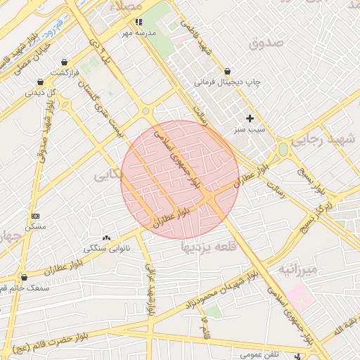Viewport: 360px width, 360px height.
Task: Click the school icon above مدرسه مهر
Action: [139, 22]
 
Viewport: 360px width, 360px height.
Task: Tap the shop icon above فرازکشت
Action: [65, 62]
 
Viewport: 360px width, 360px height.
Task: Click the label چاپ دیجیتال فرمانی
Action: [227, 82]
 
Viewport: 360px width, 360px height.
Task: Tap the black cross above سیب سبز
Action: [249, 118]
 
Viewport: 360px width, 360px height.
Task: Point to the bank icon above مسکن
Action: [36, 216]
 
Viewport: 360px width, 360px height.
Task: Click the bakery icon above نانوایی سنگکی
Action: [107, 238]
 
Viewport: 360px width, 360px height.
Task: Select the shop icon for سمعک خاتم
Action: [25, 277]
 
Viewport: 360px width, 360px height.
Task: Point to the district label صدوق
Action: [267, 43]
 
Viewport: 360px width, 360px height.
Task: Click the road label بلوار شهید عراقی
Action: [149, 290]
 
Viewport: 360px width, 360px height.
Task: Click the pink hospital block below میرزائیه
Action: [300, 297]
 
